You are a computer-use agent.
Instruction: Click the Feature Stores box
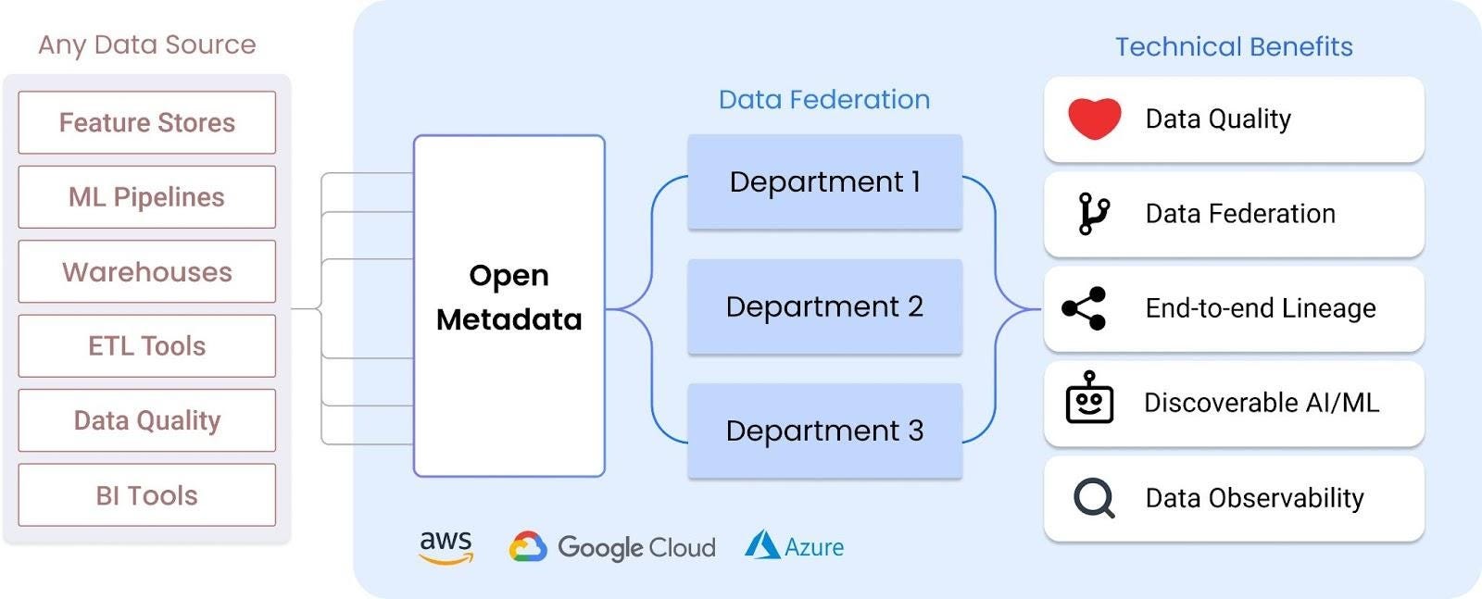click(146, 122)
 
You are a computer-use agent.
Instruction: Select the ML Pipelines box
click(146, 197)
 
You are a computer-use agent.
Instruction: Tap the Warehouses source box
click(146, 271)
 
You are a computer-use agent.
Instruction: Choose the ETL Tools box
click(146, 345)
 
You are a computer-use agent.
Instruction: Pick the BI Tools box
click(146, 495)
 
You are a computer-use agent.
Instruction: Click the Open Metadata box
click(509, 306)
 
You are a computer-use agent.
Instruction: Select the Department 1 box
click(824, 181)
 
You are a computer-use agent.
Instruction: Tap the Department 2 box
click(824, 306)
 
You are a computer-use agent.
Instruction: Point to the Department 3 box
click(824, 431)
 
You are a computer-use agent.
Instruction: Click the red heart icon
click(1094, 119)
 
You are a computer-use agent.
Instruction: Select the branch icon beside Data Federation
click(1094, 214)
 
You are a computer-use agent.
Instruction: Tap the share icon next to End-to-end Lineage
click(1085, 308)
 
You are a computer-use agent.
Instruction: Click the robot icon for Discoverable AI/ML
click(1089, 399)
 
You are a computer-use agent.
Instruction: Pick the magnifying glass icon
click(1094, 498)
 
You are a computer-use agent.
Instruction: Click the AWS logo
click(446, 546)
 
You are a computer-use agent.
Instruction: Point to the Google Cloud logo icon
click(528, 547)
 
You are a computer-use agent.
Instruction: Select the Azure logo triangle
click(762, 545)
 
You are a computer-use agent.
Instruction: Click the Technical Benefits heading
click(1234, 46)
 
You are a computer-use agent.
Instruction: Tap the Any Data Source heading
click(146, 44)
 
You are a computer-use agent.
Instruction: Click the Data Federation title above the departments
click(824, 99)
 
